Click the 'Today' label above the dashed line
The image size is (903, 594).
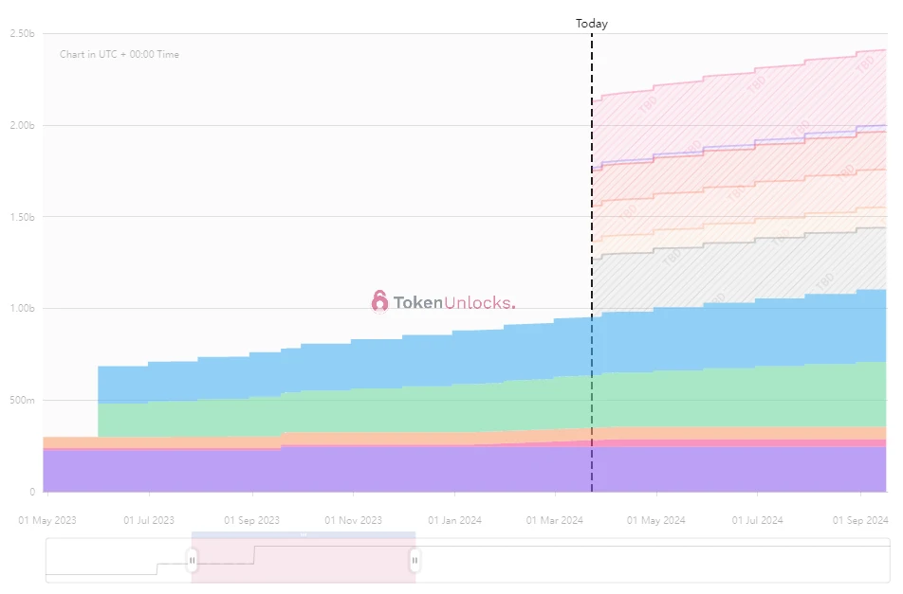tap(591, 24)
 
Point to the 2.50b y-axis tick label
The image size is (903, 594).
tap(22, 33)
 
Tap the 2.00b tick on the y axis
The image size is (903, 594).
tap(22, 125)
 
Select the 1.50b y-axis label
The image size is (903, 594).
tap(22, 217)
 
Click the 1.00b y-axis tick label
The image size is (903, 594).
tap(22, 308)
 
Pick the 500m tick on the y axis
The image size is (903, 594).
tap(22, 400)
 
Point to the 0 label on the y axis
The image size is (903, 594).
tap(31, 492)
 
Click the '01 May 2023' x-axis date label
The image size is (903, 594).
tap(48, 520)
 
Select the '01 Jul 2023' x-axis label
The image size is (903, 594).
tap(149, 520)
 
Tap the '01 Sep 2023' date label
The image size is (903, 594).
tap(251, 520)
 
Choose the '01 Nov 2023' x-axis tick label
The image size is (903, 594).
tap(353, 520)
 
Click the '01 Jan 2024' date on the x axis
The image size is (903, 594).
tap(455, 520)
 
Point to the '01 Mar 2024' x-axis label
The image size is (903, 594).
tap(556, 520)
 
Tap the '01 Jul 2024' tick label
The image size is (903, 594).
tap(758, 520)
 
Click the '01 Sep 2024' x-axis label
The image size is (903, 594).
tap(860, 520)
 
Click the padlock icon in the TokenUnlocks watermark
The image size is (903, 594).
tap(379, 301)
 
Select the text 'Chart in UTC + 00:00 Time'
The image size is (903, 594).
tap(120, 55)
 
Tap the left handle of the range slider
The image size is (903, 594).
tap(192, 561)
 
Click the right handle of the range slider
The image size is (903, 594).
tap(415, 561)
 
